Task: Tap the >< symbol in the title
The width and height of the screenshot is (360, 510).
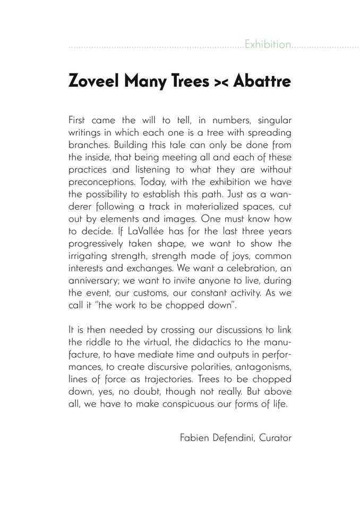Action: pyautogui.click(x=214, y=83)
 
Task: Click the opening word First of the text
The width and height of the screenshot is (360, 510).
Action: pyautogui.click(x=79, y=121)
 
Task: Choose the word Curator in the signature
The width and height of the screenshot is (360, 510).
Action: pyautogui.click(x=276, y=439)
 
